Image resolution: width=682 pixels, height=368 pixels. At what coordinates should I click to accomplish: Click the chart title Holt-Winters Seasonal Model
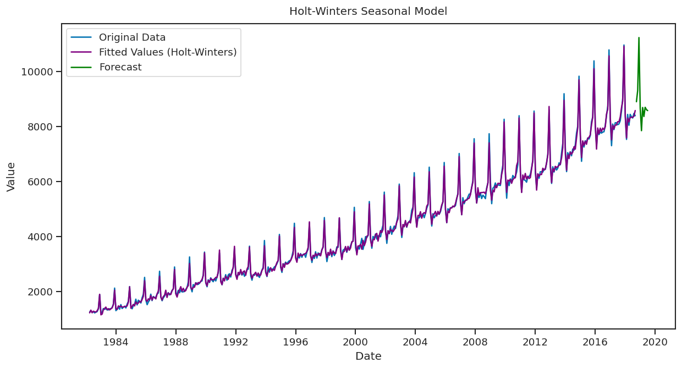[x=368, y=11]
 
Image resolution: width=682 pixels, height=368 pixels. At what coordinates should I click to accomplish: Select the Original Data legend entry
[x=132, y=37]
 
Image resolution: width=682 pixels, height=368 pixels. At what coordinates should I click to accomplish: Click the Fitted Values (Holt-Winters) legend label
[x=168, y=52]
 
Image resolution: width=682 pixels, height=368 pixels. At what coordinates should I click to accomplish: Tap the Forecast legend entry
[x=120, y=67]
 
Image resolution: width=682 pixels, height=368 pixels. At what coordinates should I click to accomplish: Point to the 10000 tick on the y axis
[x=37, y=72]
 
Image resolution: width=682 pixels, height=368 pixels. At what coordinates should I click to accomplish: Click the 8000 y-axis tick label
[x=40, y=127]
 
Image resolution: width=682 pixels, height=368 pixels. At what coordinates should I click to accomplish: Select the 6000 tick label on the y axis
[x=40, y=182]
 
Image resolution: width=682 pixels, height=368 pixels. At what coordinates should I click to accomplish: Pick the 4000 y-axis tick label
[x=40, y=237]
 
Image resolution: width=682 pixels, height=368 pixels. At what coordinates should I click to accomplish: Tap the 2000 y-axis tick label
[x=40, y=292]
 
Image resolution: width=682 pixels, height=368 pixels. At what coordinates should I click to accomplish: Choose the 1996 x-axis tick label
[x=295, y=341]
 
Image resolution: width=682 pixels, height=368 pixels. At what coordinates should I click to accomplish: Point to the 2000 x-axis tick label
[x=355, y=341]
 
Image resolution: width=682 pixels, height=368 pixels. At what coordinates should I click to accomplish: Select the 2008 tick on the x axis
[x=475, y=341]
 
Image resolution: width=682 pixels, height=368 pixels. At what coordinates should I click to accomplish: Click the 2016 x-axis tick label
[x=595, y=341]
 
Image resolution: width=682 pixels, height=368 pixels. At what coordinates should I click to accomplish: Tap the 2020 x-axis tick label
[x=654, y=341]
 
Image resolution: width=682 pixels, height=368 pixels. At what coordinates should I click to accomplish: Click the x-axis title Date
[x=368, y=356]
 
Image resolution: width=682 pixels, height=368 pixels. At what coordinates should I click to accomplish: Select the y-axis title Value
[x=11, y=177]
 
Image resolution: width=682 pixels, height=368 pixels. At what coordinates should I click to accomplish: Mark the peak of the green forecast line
[x=639, y=38]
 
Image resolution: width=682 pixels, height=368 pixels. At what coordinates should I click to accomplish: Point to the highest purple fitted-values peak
[x=624, y=46]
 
